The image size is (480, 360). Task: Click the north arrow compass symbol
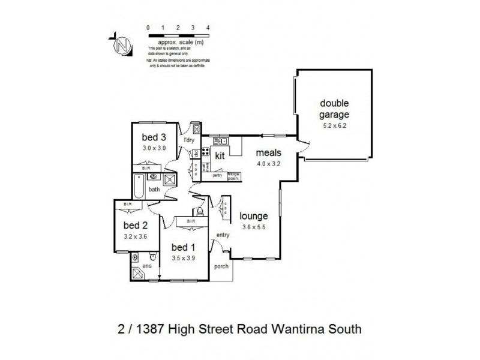click(x=124, y=45)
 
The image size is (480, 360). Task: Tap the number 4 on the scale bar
click(x=208, y=28)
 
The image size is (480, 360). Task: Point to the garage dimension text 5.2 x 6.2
click(x=334, y=125)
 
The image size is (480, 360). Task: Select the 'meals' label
click(x=268, y=153)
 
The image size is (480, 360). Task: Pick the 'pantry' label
click(x=217, y=176)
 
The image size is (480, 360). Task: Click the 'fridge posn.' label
click(x=233, y=175)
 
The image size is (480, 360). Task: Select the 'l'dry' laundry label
click(x=189, y=140)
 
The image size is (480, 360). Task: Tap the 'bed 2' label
click(x=136, y=226)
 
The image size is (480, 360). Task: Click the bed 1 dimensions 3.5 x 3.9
click(x=184, y=259)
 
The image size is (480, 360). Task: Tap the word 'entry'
click(x=223, y=235)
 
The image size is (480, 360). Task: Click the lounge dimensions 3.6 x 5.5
click(x=254, y=227)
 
